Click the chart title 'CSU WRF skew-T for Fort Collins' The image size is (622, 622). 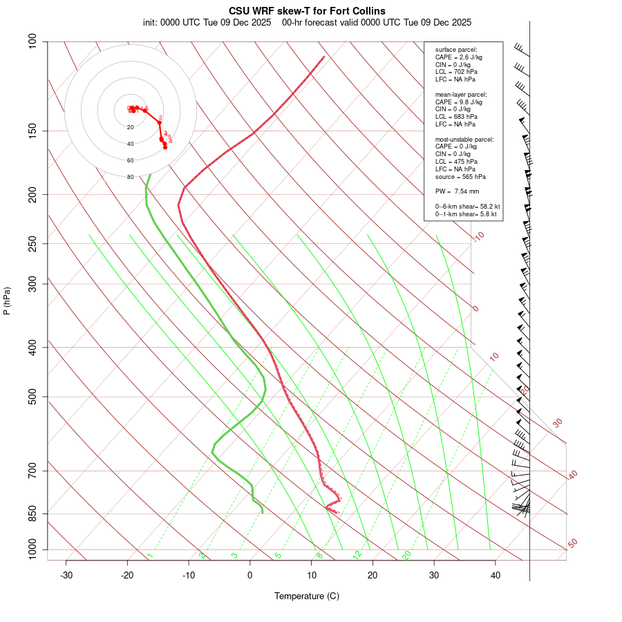307,11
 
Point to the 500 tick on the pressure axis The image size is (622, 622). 32,397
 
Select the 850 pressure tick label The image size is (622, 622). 32,513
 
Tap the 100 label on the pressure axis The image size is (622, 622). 32,41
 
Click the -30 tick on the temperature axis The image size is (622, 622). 66,575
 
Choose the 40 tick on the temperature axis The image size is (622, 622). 496,575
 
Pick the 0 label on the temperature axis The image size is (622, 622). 250,575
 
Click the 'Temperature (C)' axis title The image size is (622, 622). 307,596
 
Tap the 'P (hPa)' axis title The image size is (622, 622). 7,301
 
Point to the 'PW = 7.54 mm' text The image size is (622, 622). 458,191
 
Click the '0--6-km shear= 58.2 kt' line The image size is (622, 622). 467,207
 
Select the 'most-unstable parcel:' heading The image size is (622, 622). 464,139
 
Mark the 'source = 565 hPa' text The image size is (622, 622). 460,176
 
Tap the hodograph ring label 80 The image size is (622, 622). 130,177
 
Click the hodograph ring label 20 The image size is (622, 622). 130,127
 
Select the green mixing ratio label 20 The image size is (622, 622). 406,554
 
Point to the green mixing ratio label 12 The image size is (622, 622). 357,554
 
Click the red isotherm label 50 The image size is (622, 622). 572,544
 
